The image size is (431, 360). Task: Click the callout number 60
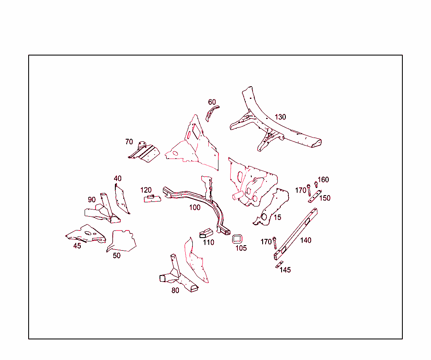(212, 102)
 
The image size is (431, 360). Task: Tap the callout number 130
(280, 117)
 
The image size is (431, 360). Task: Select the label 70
(129, 142)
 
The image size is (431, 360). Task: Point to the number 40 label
(118, 178)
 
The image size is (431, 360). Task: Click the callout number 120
(146, 190)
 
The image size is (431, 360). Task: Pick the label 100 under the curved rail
(195, 207)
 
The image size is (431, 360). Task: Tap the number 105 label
(241, 248)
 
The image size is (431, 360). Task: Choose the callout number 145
(285, 270)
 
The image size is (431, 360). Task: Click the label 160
(323, 180)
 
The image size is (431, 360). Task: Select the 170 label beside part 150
(301, 190)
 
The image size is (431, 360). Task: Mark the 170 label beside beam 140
(266, 242)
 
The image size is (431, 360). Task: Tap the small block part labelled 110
(206, 233)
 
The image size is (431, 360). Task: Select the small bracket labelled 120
(152, 198)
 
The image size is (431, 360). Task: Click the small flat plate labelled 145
(279, 265)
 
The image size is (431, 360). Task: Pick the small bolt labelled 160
(316, 184)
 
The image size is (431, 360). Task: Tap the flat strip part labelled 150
(315, 196)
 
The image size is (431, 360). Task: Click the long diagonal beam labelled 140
(295, 234)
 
